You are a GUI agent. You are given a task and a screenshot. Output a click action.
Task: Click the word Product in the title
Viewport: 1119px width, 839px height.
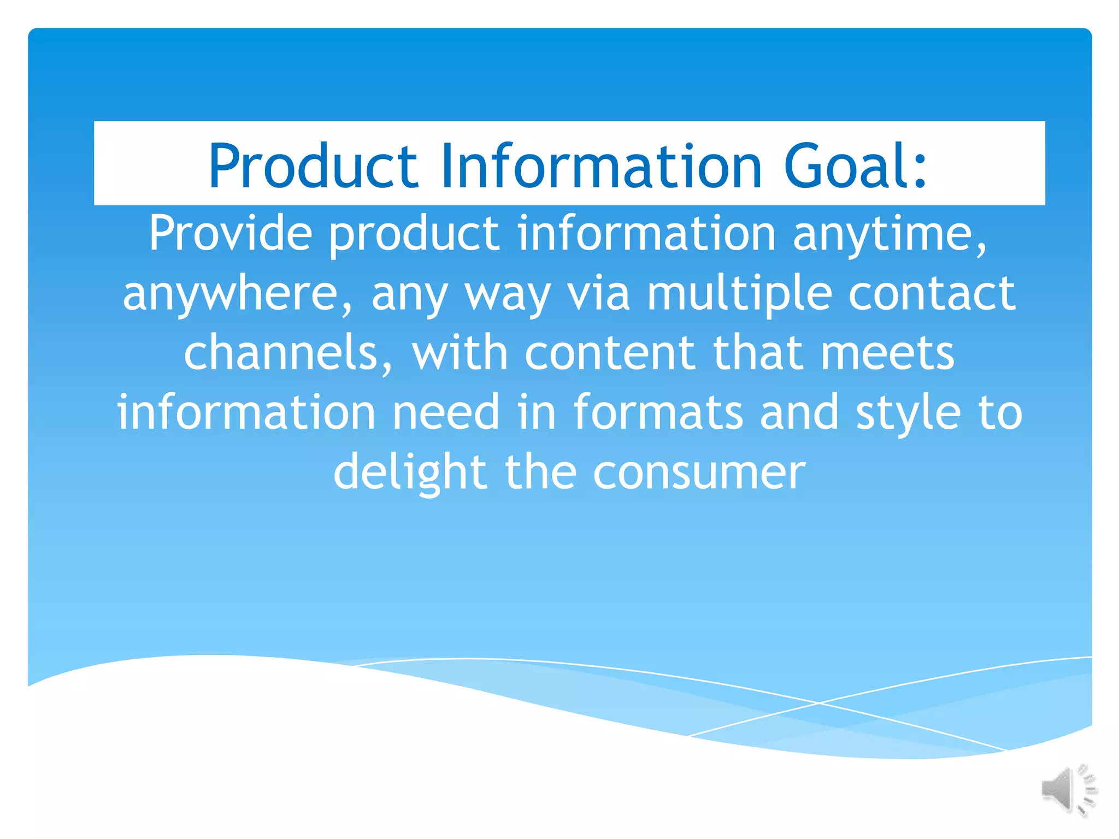[313, 166]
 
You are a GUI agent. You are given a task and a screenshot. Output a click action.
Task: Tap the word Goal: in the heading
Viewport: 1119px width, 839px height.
[855, 166]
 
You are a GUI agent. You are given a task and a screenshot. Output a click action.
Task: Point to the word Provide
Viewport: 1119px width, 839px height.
[231, 234]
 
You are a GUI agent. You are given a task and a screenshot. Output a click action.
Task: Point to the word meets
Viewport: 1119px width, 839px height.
[888, 354]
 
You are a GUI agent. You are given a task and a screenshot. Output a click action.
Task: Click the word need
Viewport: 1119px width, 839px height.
[446, 413]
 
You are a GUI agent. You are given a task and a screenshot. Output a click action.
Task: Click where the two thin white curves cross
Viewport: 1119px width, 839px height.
[818, 703]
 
